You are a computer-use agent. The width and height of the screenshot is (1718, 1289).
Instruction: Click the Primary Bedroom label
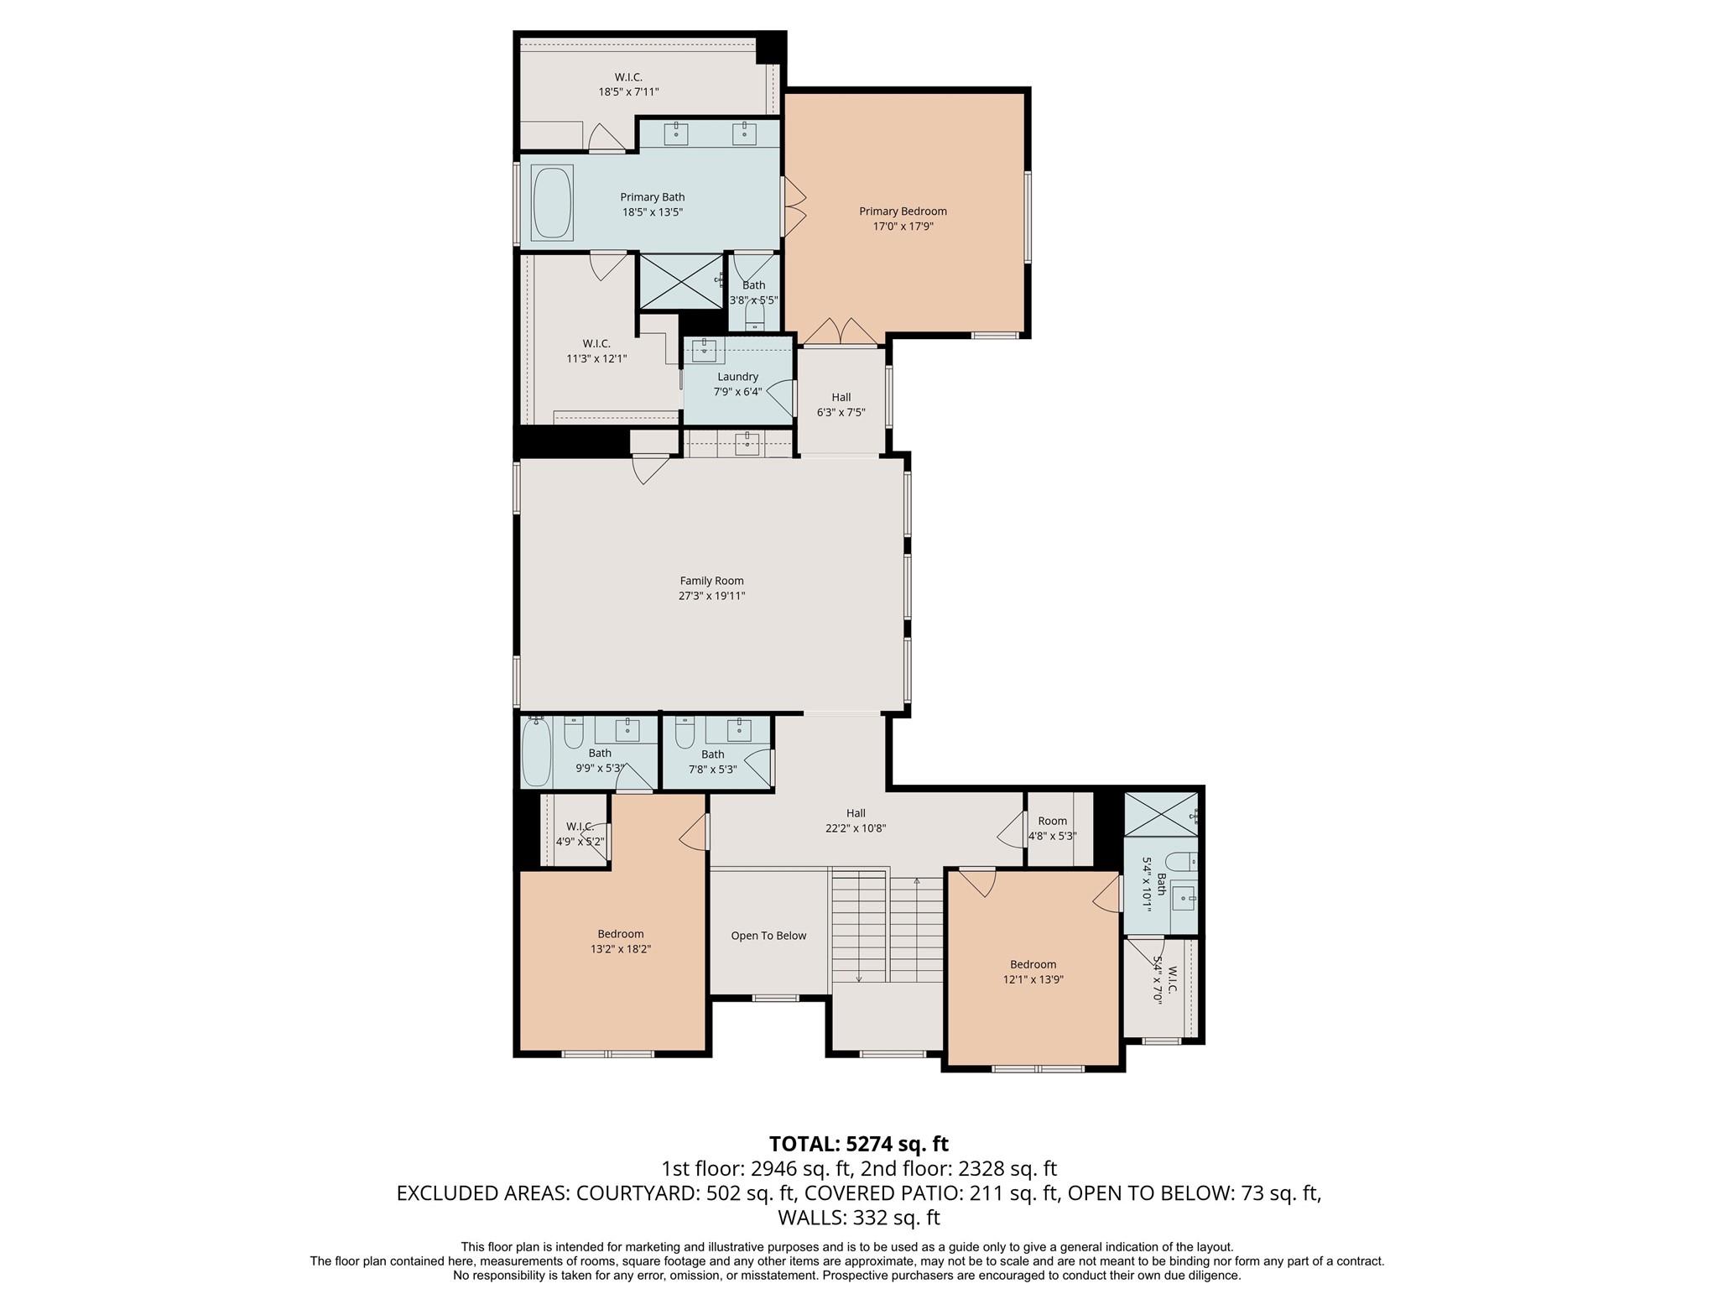[x=903, y=211]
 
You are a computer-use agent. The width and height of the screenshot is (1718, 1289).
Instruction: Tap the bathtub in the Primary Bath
[x=552, y=203]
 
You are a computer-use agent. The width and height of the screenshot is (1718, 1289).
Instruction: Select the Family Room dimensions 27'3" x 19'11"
[x=711, y=596]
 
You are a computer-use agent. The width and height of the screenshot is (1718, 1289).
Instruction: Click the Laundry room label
[x=737, y=377]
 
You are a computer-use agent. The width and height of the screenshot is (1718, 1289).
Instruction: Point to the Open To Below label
[x=768, y=936]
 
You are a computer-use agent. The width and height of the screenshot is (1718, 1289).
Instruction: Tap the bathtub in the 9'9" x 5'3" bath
[x=537, y=752]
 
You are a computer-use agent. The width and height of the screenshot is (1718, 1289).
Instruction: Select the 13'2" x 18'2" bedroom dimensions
[x=621, y=949]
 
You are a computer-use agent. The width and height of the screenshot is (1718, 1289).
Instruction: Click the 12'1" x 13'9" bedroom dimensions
[x=1033, y=979]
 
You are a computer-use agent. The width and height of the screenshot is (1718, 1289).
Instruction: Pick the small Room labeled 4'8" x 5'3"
[x=1052, y=828]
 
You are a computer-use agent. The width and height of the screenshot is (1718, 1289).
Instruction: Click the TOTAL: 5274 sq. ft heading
[x=859, y=1144]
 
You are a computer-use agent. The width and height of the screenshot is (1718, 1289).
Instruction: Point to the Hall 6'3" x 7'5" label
[x=841, y=404]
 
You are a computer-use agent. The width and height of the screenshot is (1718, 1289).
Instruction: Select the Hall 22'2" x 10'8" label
[x=856, y=820]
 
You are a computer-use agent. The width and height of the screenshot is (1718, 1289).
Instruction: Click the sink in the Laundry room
[x=704, y=350]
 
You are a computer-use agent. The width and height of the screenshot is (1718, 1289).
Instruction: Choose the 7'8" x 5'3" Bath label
[x=713, y=761]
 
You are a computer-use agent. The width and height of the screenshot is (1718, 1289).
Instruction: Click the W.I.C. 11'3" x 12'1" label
[x=596, y=351]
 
